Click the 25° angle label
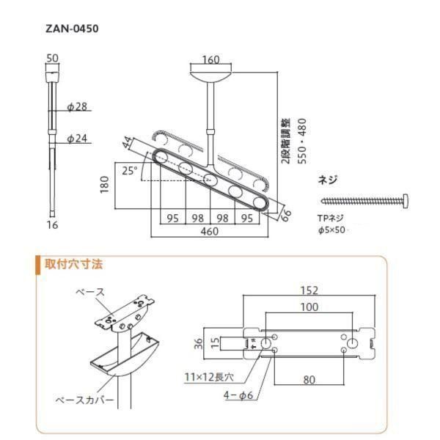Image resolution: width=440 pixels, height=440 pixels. (x=129, y=170)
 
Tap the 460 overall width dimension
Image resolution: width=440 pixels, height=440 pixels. (x=210, y=230)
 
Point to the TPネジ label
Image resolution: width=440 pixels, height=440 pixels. (x=331, y=219)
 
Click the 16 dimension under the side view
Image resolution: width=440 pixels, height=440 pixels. (x=51, y=225)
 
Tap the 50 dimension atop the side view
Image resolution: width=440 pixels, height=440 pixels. (x=51, y=58)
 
